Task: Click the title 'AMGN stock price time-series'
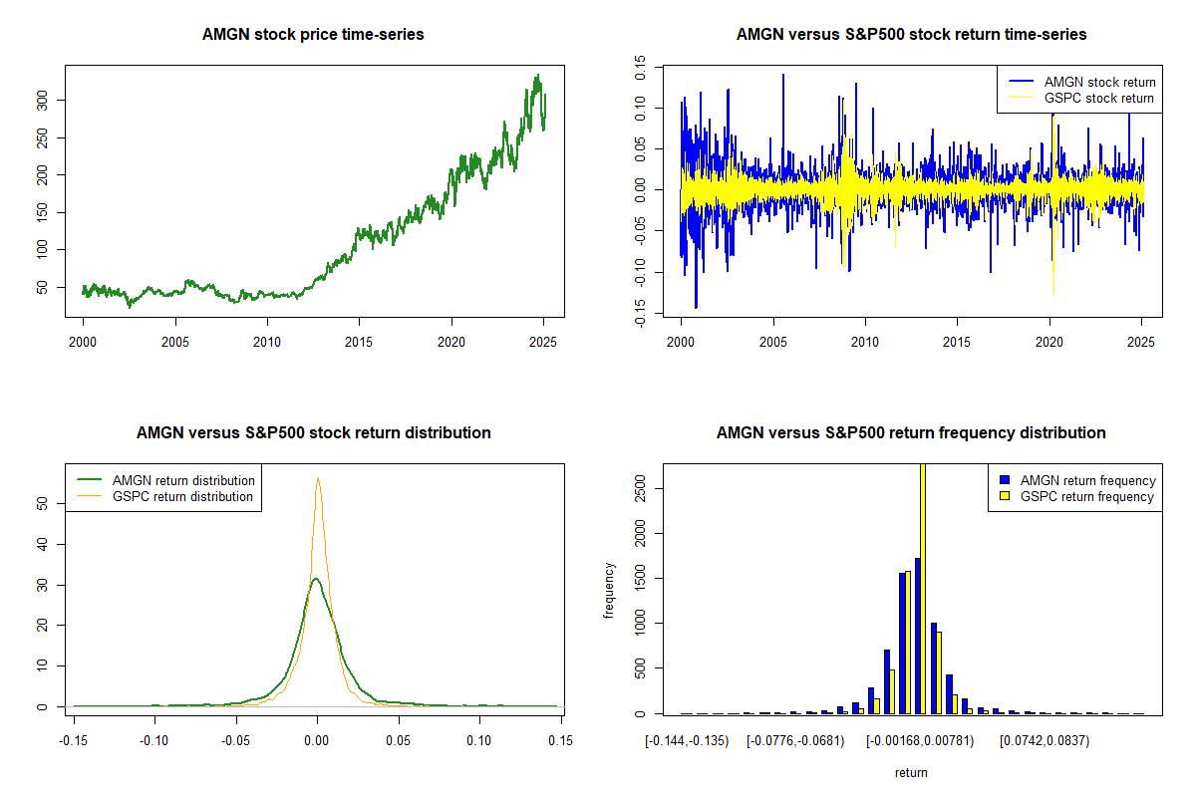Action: coord(313,35)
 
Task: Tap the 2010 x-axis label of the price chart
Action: coord(267,340)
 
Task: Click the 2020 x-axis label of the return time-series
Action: coord(1049,340)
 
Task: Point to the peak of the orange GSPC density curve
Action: coord(318,478)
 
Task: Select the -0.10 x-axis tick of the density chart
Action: coord(154,740)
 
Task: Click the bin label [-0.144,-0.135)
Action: coord(687,740)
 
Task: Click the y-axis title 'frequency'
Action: coord(611,592)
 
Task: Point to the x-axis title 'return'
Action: coord(911,772)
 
